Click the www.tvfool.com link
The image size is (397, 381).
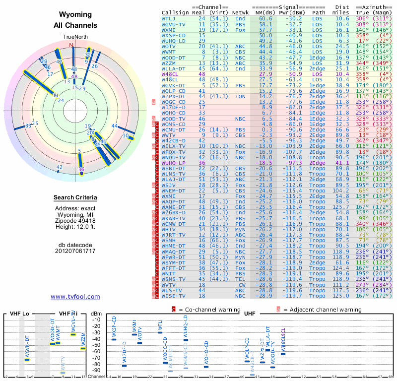75,297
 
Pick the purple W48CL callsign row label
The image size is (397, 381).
170,73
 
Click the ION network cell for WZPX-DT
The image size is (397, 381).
240,96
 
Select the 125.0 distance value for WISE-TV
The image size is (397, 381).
341,296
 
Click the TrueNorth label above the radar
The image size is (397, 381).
75,37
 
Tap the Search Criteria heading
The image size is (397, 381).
75,198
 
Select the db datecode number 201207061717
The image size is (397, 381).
75,251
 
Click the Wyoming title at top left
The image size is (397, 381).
75,15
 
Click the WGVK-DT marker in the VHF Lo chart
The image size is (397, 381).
27,359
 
